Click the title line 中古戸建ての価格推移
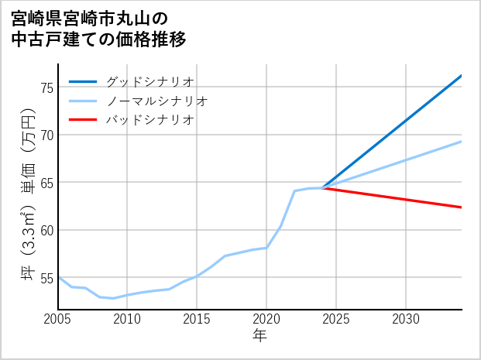(x=99, y=39)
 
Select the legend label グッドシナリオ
(x=149, y=81)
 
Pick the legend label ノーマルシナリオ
(x=156, y=101)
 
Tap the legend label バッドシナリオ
(x=149, y=120)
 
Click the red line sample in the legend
(x=83, y=120)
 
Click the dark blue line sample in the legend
(x=83, y=81)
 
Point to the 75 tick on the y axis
(x=46, y=87)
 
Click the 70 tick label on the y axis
(x=46, y=135)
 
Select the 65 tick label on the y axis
(x=46, y=183)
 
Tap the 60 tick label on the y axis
(x=46, y=230)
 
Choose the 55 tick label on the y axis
(x=46, y=278)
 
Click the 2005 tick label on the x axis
(x=58, y=319)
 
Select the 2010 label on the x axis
(x=127, y=319)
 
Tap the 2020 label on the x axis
(x=266, y=319)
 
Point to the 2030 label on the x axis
(x=406, y=319)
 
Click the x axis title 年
(x=259, y=335)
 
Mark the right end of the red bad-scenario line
(x=461, y=207)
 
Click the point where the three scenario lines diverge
(x=322, y=188)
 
